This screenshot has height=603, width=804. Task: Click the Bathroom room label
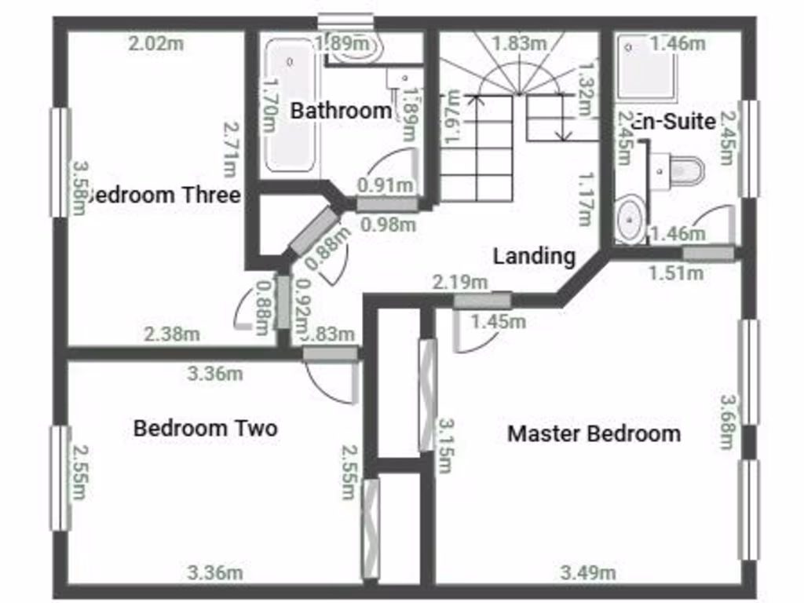point(341,111)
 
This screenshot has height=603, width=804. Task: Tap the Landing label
point(534,256)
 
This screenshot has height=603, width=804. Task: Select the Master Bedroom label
point(594,433)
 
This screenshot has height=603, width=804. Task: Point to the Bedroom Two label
point(205,429)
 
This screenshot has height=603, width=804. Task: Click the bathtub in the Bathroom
point(291,107)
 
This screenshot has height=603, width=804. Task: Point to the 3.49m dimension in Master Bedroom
point(587,573)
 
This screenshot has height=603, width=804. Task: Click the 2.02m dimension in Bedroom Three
point(155,44)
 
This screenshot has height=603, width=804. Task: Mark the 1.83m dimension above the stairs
point(519,44)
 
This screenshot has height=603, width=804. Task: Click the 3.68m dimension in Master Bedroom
point(729,422)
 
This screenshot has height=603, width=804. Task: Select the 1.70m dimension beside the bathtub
point(270,109)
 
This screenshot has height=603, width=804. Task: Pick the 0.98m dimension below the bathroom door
point(387,225)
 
